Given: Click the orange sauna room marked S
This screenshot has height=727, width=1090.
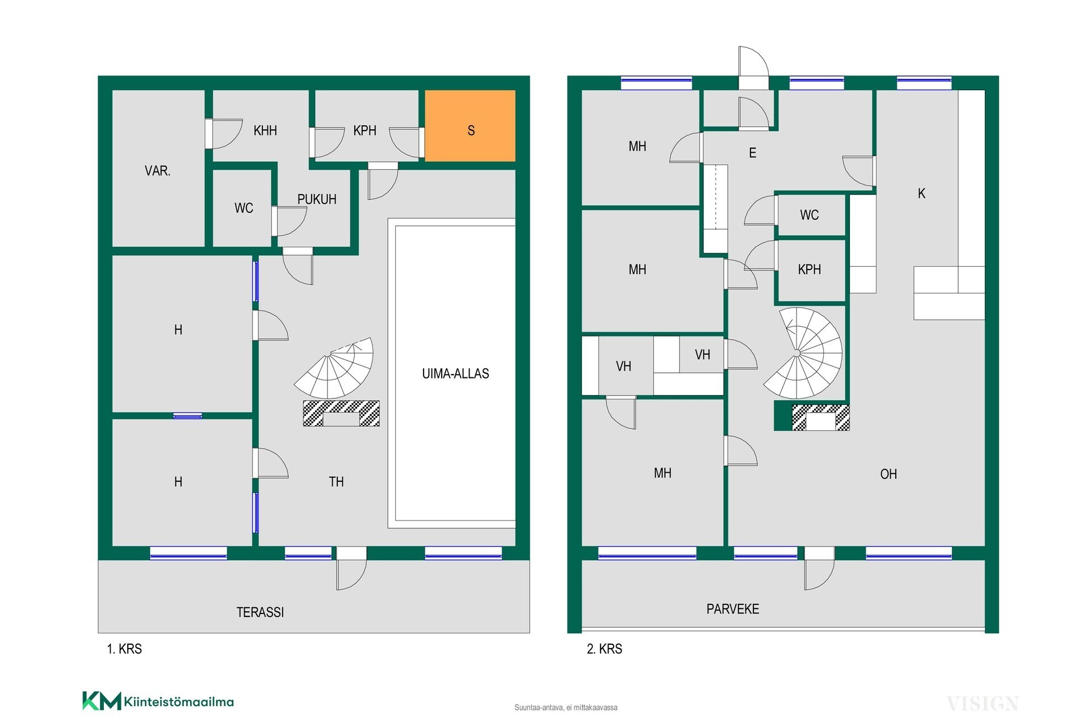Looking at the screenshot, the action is pos(470,125).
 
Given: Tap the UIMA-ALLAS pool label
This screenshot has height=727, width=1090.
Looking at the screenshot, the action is pos(455,373).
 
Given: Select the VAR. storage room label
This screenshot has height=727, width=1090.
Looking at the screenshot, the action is pos(157,171).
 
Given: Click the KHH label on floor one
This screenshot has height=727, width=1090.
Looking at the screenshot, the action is pos(265,131).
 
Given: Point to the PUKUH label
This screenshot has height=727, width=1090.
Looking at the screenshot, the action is pos(317,199).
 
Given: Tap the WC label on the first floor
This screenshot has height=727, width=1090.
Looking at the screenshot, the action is pos(244,208).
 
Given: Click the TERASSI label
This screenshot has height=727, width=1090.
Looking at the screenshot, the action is pos(260,612).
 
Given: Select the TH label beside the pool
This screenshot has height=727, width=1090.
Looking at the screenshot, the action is pos(336,482).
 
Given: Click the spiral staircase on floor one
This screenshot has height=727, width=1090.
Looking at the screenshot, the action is pos(334,368).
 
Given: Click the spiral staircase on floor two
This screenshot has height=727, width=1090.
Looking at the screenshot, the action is pos(802,353).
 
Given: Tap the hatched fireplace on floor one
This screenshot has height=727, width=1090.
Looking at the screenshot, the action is pos(341,413).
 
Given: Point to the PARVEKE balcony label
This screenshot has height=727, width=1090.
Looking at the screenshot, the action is pos(732,609).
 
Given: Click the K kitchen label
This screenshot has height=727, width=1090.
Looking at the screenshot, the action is pos(921,194).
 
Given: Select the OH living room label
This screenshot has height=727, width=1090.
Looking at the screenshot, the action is pos(888,474).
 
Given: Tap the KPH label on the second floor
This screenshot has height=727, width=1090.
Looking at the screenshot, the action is pos(810,270).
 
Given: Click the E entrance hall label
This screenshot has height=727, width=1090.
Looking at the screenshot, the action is pos(753,153).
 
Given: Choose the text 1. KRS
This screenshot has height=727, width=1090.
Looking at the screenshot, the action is pos(124,649).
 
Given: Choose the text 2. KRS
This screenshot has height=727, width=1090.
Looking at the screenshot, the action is pos(604,649).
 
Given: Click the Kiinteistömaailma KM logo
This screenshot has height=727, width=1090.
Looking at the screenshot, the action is pos(158,701).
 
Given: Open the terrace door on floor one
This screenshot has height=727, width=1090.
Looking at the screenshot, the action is pos(351,568).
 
